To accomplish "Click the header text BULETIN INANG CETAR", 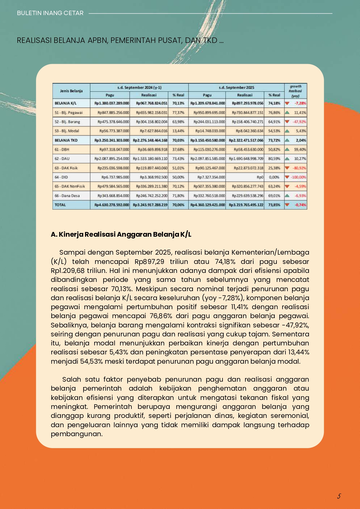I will (50, 13).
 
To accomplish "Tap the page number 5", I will (339, 496).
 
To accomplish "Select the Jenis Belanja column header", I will (71, 91).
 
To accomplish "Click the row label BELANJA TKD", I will (66, 140).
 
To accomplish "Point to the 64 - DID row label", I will (61, 177).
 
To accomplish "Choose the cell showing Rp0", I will (260, 177).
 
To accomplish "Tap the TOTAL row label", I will (60, 205).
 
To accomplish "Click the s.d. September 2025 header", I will (236, 87).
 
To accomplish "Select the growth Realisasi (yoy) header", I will (295, 91).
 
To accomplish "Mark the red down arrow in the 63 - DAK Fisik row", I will (287, 168).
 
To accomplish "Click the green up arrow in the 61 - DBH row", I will (287, 150).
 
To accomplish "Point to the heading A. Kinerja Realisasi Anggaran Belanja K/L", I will (121, 234).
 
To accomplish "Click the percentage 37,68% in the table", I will (178, 150).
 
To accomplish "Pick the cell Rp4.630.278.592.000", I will (112, 205).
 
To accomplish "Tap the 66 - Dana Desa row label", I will (67, 196).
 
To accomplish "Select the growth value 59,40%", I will (300, 150).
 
